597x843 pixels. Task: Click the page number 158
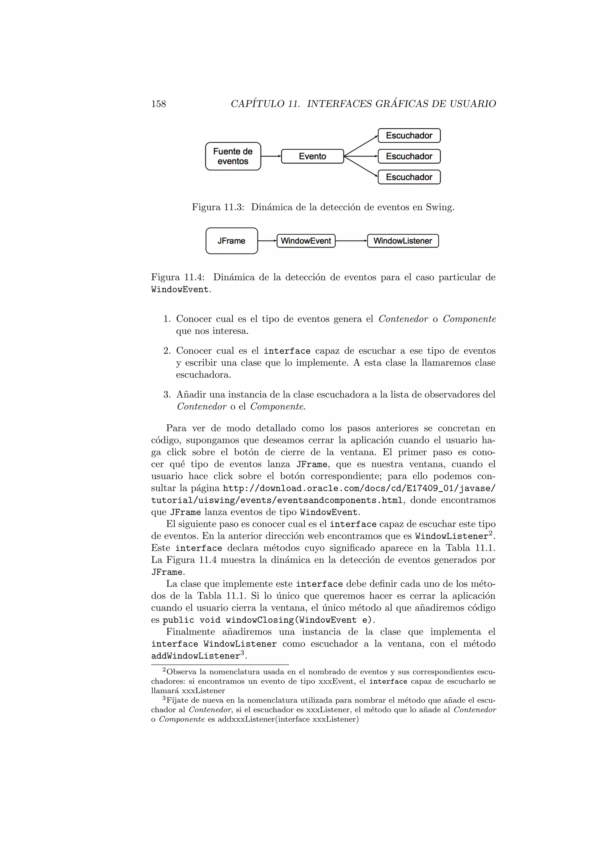pyautogui.click(x=159, y=104)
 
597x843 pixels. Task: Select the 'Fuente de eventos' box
pyautogui.click(x=233, y=156)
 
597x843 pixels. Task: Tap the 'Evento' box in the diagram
pyautogui.click(x=312, y=156)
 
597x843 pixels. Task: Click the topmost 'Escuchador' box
pyautogui.click(x=409, y=135)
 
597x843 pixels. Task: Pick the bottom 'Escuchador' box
pyautogui.click(x=409, y=177)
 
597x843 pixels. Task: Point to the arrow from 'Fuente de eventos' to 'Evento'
pyautogui.click(x=271, y=156)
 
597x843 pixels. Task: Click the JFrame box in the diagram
pyautogui.click(x=231, y=241)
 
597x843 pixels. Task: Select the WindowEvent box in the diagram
pyautogui.click(x=306, y=241)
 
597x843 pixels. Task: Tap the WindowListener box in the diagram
pyautogui.click(x=403, y=241)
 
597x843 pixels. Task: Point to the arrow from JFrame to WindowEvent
pyautogui.click(x=267, y=241)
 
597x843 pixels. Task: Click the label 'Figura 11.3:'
pyautogui.click(x=218, y=208)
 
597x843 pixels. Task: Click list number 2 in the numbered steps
pyautogui.click(x=167, y=351)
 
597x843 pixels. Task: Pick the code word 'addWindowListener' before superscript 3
pyautogui.click(x=196, y=656)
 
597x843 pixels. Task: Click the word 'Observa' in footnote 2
pyautogui.click(x=181, y=672)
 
